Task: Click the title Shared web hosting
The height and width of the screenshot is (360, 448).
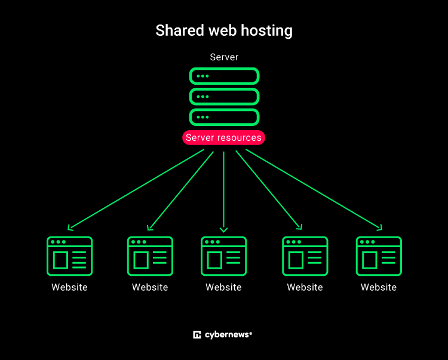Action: pos(224,30)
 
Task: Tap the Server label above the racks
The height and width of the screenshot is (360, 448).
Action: pos(224,57)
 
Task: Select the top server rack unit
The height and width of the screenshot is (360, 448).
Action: pos(224,76)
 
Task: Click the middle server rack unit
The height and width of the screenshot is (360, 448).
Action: pos(224,96)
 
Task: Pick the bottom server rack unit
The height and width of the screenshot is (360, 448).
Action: pos(224,116)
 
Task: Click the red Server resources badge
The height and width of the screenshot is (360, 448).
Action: pos(223,138)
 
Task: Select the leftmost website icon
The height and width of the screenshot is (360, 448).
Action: pos(69,256)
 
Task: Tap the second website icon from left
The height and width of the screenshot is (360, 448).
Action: pos(150,256)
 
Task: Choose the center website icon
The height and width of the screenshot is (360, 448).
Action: pos(223,256)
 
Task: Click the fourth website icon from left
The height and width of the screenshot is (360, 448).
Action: pos(305,256)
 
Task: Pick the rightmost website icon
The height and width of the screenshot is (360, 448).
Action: pos(379,256)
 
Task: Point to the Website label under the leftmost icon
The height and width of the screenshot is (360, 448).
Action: pos(69,287)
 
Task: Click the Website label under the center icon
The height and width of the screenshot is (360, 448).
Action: pos(223,287)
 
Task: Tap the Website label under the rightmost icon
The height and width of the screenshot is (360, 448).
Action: pos(379,287)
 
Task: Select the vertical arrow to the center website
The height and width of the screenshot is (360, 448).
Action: pos(224,191)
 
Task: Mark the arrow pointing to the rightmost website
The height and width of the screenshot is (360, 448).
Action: pos(314,189)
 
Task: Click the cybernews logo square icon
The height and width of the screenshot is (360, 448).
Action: pos(197,335)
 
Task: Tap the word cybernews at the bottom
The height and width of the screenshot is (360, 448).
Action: pos(226,335)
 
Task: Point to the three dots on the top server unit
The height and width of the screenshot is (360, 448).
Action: pos(203,76)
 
